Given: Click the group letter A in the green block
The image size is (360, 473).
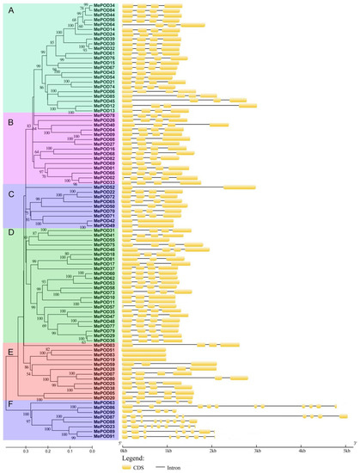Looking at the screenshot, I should click(10, 11).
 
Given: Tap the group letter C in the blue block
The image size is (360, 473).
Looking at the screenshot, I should click(10, 193).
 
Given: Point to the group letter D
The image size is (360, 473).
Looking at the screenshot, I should click(10, 232).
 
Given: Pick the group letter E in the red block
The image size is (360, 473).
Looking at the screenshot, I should click(10, 351).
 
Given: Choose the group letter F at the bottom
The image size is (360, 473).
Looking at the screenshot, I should click(10, 402).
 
